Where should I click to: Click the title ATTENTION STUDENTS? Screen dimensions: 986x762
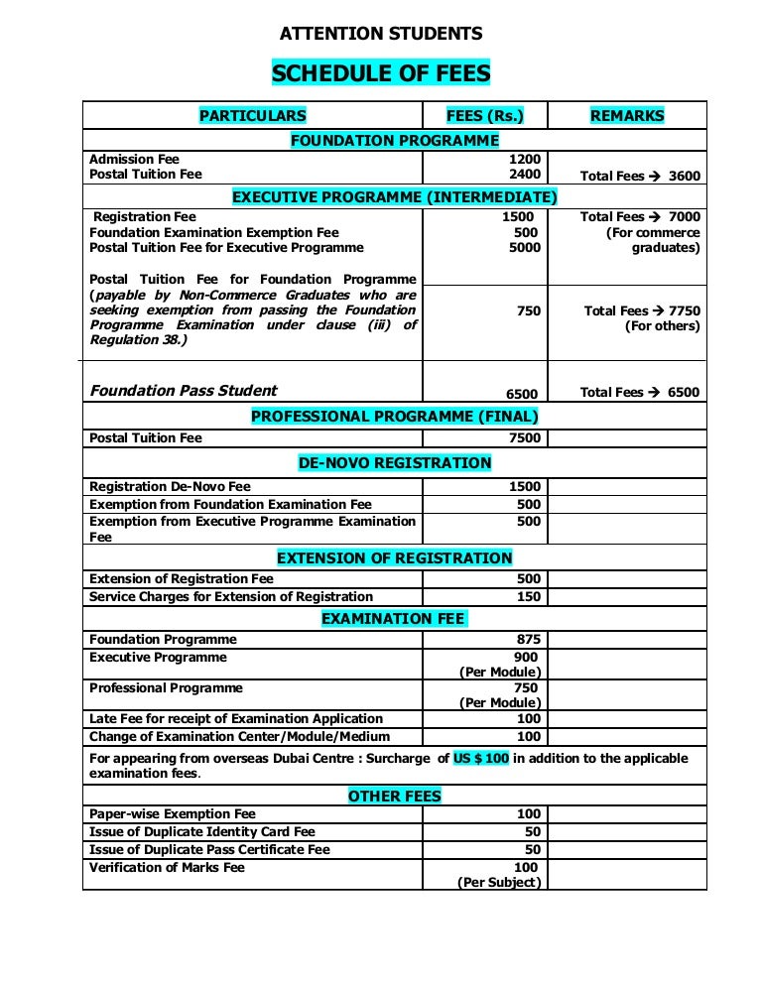381,35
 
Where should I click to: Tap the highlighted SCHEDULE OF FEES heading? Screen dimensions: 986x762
381,73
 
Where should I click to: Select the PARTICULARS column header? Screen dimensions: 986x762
252,116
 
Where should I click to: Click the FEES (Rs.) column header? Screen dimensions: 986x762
484,116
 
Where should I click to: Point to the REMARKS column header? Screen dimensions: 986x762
627,116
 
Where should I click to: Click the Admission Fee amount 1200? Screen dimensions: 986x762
525,159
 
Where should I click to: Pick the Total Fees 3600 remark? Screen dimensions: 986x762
640,176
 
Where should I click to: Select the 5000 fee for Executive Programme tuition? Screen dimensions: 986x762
525,248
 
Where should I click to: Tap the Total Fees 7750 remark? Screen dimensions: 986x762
642,310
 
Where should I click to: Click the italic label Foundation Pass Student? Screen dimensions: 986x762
184,391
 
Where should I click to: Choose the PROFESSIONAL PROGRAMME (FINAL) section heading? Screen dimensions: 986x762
395,417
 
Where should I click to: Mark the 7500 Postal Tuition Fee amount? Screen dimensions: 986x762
525,438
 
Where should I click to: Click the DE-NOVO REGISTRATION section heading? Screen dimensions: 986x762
395,463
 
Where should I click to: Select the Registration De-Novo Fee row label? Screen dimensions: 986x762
170,487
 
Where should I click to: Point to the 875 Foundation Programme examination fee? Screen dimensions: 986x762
529,640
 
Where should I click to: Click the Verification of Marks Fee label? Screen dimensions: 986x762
167,868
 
